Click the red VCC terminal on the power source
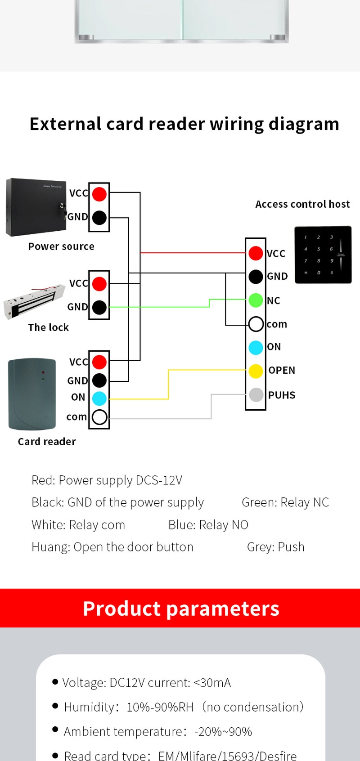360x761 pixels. [99, 194]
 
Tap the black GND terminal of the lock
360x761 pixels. [99, 307]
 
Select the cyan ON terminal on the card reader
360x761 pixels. [99, 398]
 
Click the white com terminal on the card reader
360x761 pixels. [99, 417]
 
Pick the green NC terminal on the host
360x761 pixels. [256, 300]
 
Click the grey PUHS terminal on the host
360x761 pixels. [256, 395]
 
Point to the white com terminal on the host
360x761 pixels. [256, 324]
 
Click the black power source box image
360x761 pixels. [36, 207]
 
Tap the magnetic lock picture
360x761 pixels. [34, 300]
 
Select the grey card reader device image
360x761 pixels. [32, 394]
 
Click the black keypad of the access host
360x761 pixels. [323, 255]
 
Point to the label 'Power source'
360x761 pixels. [61, 246]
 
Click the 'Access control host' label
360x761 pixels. [302, 204]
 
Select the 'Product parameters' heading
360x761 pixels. [181, 608]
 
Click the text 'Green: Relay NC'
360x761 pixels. [285, 502]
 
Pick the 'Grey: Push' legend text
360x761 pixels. [276, 547]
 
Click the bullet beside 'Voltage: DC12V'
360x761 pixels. [55, 681]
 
